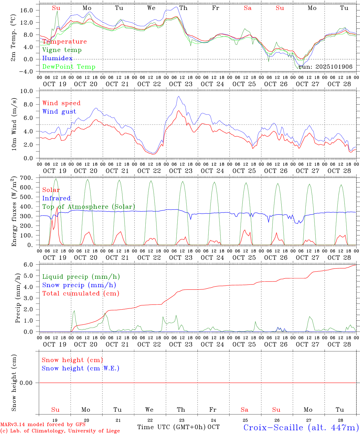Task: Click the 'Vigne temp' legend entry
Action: click(x=62, y=50)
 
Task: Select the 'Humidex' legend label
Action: click(x=57, y=58)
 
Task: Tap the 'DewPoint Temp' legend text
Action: click(x=69, y=67)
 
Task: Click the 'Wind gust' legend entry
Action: click(x=59, y=112)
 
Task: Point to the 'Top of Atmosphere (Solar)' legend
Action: click(x=89, y=207)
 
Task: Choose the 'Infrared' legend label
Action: click(x=56, y=198)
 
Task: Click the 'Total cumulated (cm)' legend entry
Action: click(x=81, y=294)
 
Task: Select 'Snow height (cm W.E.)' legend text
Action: click(x=81, y=368)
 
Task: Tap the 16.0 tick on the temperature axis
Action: click(x=27, y=10)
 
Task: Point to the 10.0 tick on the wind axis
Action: click(x=27, y=91)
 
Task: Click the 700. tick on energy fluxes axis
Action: click(x=26, y=178)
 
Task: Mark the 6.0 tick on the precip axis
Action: click(x=28, y=265)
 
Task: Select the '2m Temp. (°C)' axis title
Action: click(x=13, y=38)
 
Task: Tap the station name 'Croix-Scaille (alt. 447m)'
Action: click(x=301, y=427)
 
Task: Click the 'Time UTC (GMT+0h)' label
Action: click(x=172, y=427)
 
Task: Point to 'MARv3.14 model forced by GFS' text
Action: click(x=43, y=424)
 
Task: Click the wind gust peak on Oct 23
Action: click(x=179, y=96)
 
